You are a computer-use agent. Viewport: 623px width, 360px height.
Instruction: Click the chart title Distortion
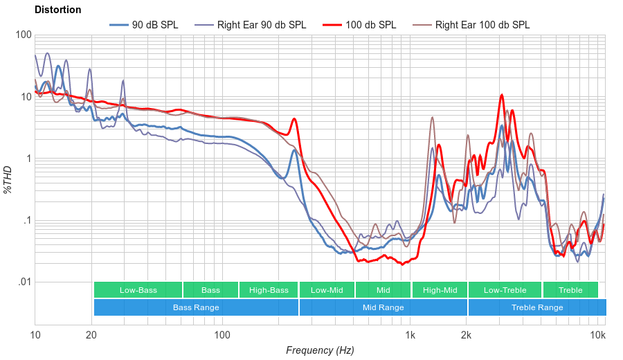(58, 10)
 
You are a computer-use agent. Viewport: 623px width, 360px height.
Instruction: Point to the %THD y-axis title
(8, 179)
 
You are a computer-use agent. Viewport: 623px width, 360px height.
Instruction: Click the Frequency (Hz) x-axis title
(320, 350)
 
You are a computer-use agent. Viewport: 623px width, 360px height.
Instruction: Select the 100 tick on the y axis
(24, 35)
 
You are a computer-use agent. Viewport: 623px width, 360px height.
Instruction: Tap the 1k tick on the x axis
(410, 335)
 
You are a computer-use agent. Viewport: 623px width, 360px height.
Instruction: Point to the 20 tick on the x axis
(91, 335)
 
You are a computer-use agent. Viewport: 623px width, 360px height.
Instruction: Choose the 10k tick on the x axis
(598, 335)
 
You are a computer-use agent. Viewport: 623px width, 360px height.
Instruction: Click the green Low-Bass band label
(138, 290)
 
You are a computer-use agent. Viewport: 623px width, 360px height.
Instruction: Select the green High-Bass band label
(269, 290)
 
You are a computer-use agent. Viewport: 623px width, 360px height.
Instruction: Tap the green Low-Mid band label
(327, 290)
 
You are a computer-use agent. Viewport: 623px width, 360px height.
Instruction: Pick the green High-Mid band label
(440, 290)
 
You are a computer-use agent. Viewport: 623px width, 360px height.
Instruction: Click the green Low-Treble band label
(505, 290)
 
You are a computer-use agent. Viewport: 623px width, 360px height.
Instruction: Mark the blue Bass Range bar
(196, 307)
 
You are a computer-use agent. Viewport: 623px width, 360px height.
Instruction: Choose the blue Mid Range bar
(383, 307)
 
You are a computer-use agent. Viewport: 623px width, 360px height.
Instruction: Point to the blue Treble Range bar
(536, 307)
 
